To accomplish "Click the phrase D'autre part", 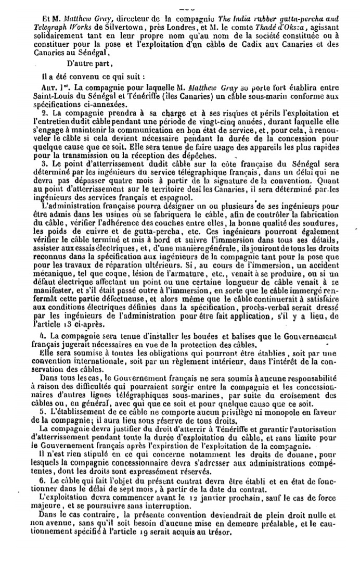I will pos(71,64).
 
